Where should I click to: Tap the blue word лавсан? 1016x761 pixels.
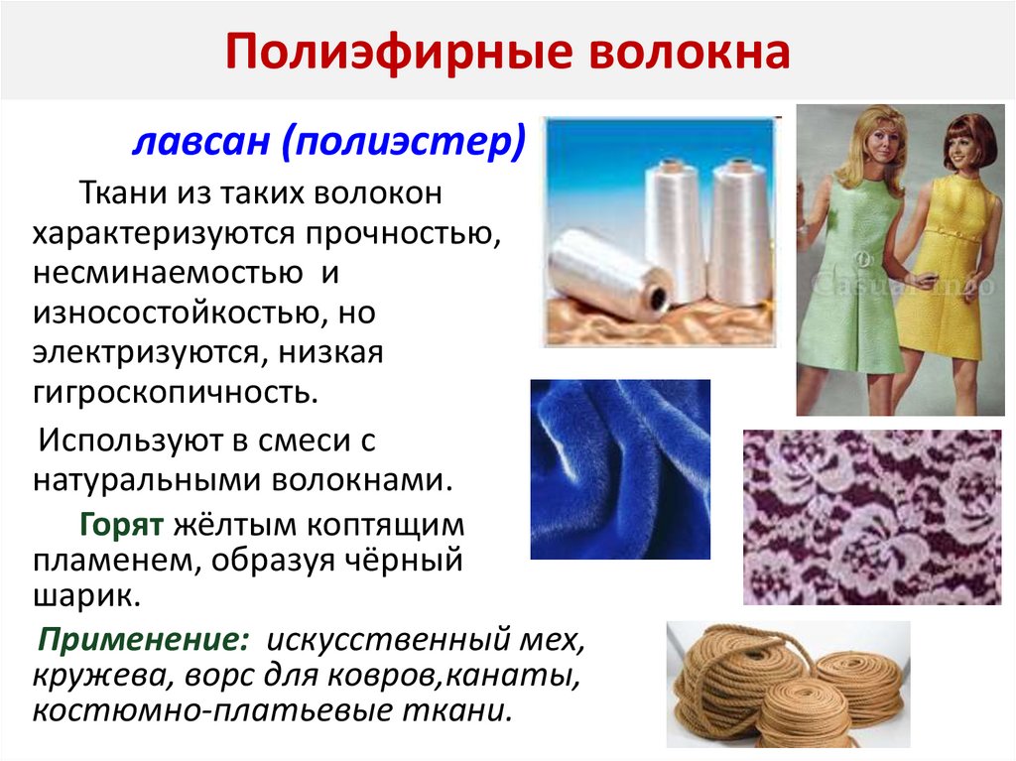point(199,142)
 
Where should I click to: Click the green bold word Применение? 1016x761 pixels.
point(144,640)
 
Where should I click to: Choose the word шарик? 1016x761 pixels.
point(83,596)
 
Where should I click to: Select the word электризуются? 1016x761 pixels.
point(149,351)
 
